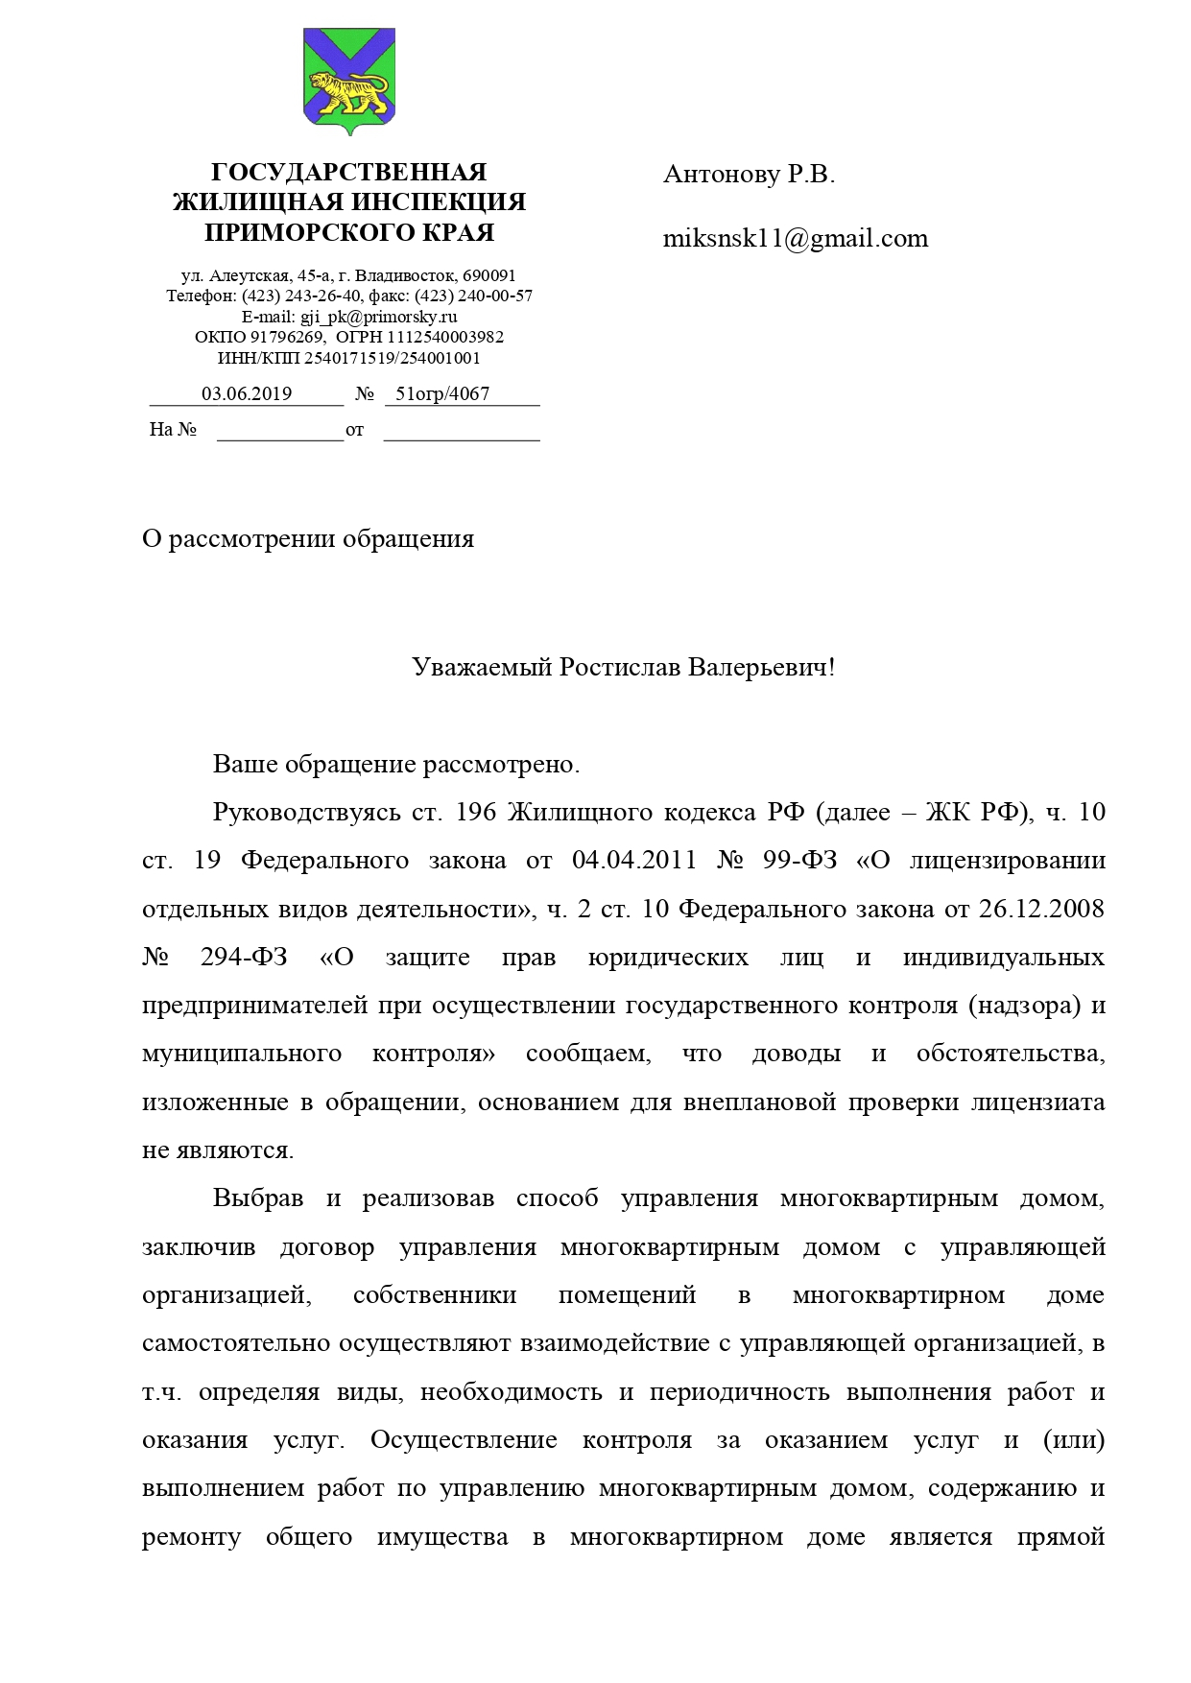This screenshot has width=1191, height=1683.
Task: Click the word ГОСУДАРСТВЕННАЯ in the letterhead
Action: [348, 173]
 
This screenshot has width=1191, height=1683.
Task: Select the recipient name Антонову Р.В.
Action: [749, 175]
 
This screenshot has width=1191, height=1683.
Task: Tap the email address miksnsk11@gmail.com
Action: [796, 239]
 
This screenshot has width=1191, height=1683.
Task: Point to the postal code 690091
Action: [489, 276]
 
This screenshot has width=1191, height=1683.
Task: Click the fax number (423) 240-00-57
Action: [473, 296]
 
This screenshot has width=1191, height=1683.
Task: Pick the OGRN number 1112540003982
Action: [445, 338]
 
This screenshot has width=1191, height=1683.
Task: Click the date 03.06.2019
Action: [247, 394]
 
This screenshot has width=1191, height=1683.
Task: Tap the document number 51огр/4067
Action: [442, 394]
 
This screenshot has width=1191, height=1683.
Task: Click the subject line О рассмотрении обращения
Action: [308, 539]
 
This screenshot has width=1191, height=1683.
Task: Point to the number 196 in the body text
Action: [475, 814]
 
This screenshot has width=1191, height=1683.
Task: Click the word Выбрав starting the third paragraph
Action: [258, 1199]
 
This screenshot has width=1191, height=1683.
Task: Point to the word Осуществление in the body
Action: [464, 1441]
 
